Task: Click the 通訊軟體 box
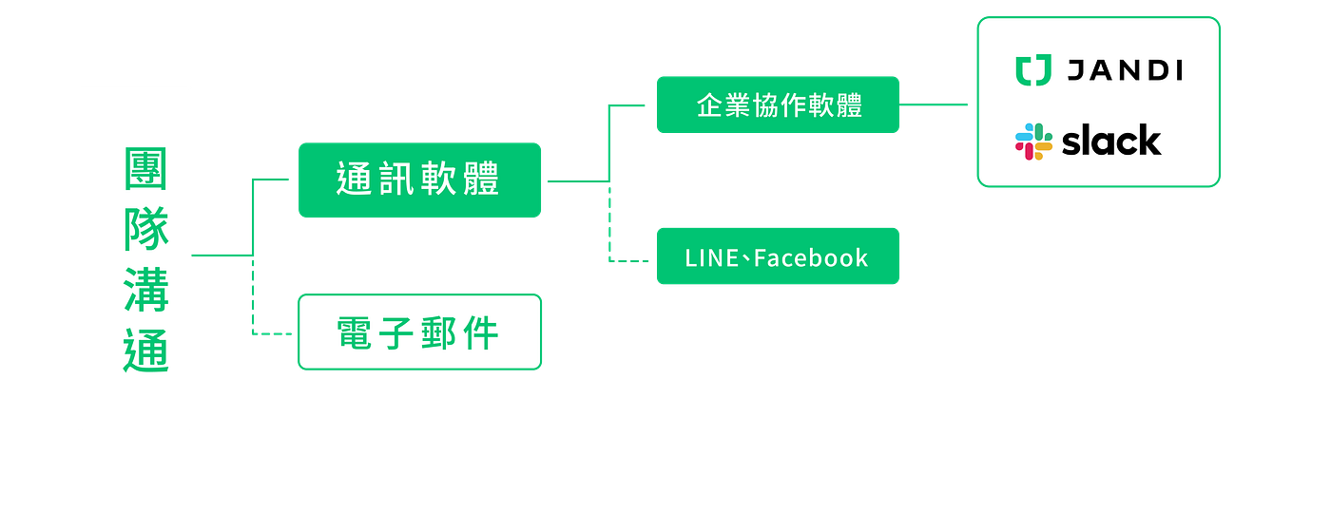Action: (x=420, y=180)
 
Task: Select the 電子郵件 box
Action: (x=420, y=332)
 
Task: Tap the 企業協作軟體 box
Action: (x=778, y=105)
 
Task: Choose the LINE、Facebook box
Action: (x=778, y=256)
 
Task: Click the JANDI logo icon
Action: (x=1032, y=70)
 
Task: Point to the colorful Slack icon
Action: (x=1033, y=142)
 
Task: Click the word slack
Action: (x=1111, y=142)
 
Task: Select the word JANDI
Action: (x=1124, y=70)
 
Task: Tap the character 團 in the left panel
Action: (x=145, y=170)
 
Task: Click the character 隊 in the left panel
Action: (x=145, y=229)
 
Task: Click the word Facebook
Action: (x=811, y=257)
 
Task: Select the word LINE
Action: (x=711, y=257)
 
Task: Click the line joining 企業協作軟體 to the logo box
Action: (x=936, y=104)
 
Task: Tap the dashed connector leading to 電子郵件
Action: (x=253, y=304)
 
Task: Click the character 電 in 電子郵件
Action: (x=353, y=333)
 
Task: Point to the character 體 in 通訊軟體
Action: (x=482, y=180)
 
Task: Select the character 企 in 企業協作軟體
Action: (x=707, y=105)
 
